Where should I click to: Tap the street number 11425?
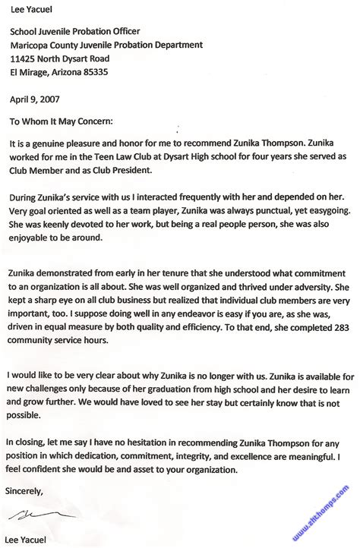tap(23, 58)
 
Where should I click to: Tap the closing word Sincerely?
tap(24, 490)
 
